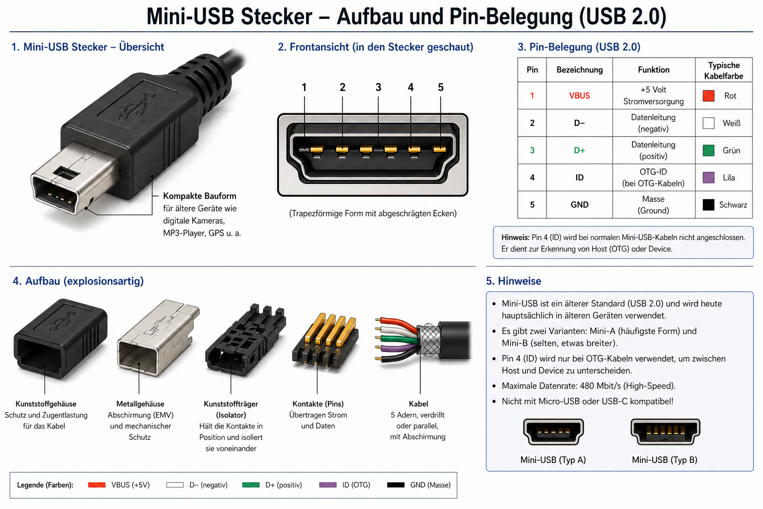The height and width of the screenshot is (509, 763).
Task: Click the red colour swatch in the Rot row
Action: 708,96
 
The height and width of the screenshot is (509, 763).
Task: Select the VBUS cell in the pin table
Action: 579,96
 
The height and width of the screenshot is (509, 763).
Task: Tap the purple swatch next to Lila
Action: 708,177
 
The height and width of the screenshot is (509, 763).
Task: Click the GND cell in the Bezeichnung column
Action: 579,205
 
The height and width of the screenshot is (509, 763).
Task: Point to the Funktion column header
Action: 653,70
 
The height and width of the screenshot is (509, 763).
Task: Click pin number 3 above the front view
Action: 378,87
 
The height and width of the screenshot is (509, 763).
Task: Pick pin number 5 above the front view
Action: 441,87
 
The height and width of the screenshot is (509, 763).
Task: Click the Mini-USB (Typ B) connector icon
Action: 665,431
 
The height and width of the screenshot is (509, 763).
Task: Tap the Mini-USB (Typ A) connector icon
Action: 553,431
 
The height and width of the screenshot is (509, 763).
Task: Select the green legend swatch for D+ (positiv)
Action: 251,485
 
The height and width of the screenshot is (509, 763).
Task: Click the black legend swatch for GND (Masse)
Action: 395,485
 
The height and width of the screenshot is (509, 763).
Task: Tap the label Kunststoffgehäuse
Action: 46,404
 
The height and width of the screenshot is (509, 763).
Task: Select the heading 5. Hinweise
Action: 513,281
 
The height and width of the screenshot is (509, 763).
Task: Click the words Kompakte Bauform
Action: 200,196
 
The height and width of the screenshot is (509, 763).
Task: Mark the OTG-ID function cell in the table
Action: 653,177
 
